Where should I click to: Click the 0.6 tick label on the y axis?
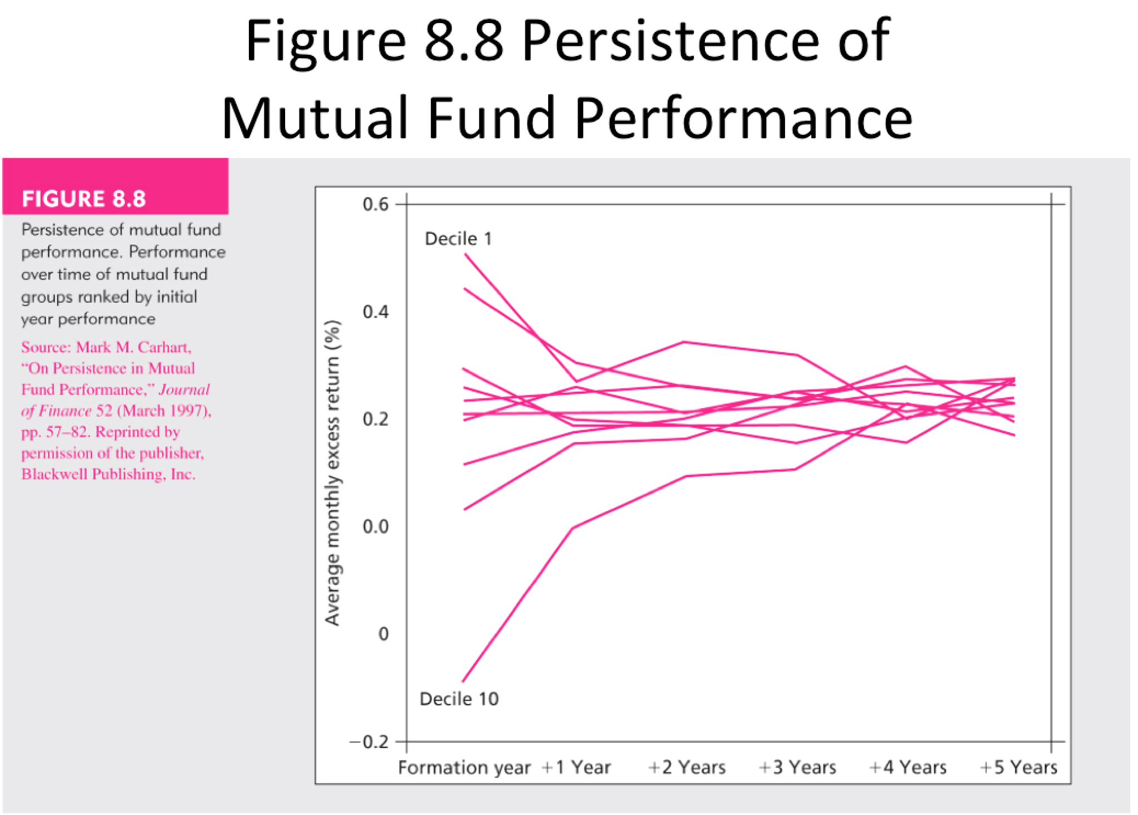375,204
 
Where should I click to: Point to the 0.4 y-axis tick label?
375,312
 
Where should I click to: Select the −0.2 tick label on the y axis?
369,742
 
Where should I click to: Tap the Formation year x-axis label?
464,768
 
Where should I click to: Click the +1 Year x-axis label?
576,768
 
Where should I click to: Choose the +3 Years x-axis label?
798,768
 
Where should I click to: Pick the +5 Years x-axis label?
1018,768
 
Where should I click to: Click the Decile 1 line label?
458,239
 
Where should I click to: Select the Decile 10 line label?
459,699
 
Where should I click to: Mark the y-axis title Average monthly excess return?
332,473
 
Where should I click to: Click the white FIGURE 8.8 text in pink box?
83,199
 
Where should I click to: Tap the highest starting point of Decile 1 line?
466,254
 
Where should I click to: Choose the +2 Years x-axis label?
687,768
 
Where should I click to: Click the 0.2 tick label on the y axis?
375,419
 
